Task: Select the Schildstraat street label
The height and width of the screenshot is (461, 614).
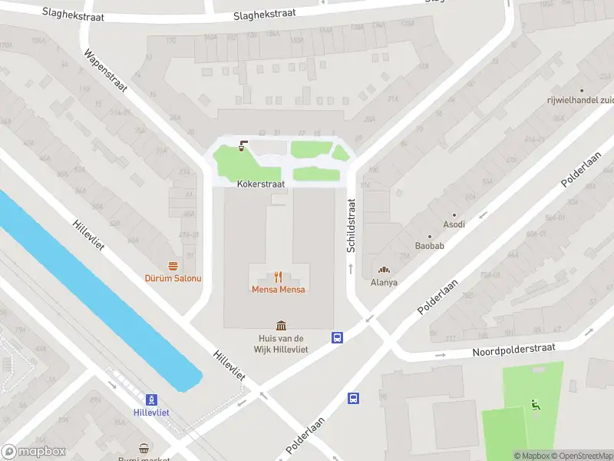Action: click(352, 226)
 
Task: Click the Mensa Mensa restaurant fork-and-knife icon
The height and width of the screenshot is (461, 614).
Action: click(279, 277)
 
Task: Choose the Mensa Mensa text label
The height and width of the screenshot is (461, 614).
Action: click(279, 290)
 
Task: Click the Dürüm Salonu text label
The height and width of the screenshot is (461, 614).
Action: click(174, 278)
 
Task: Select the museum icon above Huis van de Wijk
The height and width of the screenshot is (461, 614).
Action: click(281, 326)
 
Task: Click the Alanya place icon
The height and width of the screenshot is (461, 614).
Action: click(384, 270)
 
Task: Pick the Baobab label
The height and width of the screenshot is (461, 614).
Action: click(429, 246)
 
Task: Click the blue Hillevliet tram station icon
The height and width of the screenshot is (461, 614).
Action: click(152, 399)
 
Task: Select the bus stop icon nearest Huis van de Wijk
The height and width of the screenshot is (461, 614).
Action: click(336, 337)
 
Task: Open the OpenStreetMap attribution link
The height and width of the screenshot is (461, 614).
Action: click(582, 456)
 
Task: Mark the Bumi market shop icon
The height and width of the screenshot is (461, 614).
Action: click(144, 448)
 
